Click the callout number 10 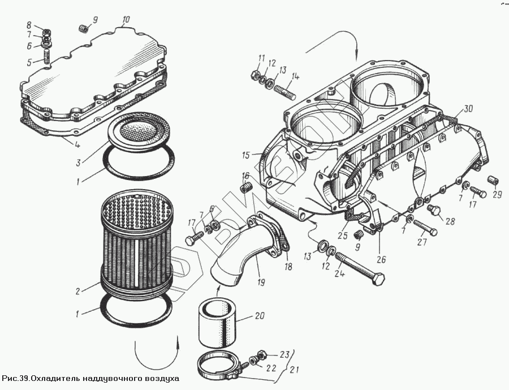point(126,19)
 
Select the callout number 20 point(259,315)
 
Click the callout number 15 point(245,155)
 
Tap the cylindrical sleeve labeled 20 point(218,323)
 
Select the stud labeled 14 point(284,89)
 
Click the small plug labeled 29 point(492,181)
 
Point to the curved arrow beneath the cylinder point(156,350)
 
